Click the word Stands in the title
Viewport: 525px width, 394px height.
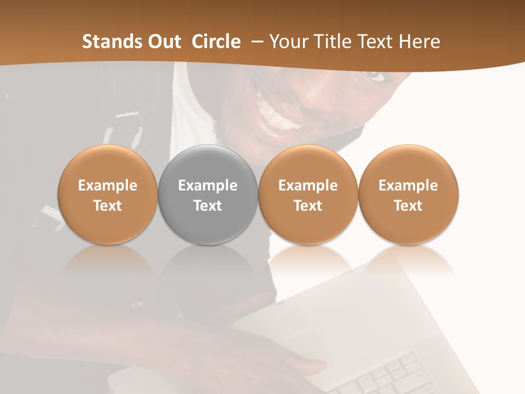pos(105,42)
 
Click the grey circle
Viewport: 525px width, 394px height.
pos(208,194)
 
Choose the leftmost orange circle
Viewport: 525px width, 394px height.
pos(108,194)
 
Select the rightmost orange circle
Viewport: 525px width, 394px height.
pos(408,194)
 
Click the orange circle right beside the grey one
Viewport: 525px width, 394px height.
pos(308,194)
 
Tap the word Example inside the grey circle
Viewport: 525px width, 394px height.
pos(208,186)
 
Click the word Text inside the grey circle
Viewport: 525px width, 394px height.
pos(208,206)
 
